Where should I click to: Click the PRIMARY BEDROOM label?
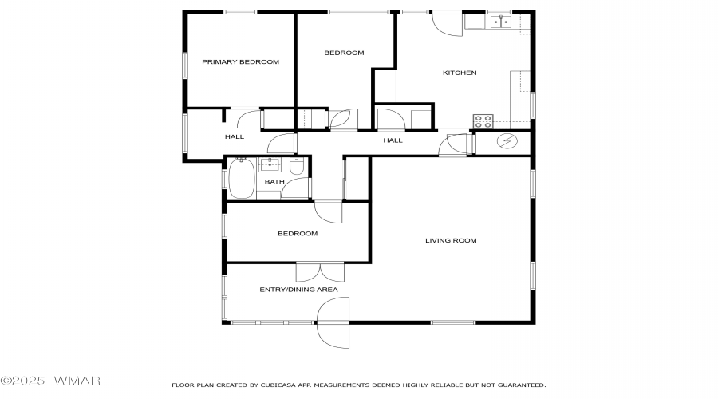point(240,61)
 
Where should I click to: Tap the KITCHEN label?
point(460,73)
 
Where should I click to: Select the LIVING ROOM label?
point(451,240)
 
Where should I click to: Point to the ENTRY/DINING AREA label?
point(298,290)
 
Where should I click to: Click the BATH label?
point(274,182)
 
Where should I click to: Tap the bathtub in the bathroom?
point(241,178)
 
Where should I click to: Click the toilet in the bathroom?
point(297,166)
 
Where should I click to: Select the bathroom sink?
point(270,164)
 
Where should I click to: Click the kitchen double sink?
point(501,22)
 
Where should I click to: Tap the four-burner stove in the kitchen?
point(483,121)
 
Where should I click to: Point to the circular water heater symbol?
point(507,141)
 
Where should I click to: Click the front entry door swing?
point(333,322)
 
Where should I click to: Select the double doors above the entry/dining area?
point(320,272)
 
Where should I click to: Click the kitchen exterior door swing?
point(447,24)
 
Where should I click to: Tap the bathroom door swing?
point(295,188)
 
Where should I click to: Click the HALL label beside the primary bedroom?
point(235,137)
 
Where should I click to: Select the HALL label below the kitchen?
point(393,140)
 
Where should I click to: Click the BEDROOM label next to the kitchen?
point(344,53)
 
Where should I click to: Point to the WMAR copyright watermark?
point(50,381)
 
